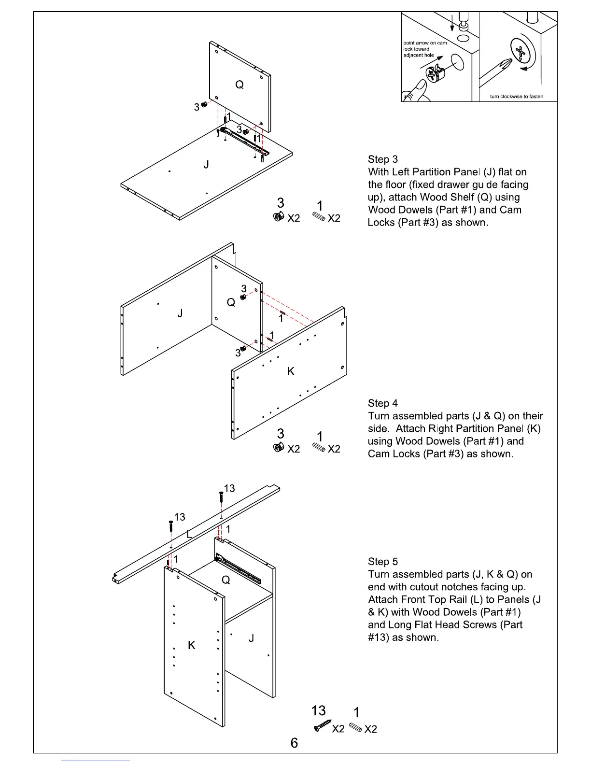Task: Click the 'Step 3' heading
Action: click(383, 159)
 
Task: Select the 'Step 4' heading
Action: click(383, 403)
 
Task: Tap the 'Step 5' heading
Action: click(383, 562)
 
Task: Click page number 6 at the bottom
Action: click(295, 743)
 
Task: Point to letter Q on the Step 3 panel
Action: click(239, 85)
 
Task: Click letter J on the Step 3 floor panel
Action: click(206, 165)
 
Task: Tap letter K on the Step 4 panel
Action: click(291, 371)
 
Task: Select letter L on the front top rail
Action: click(189, 534)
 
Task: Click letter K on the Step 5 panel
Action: click(192, 646)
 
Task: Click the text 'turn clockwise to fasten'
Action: click(517, 97)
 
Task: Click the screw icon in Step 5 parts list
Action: click(323, 725)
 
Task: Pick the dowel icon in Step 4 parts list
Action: click(319, 447)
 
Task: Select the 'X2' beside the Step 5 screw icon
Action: click(338, 729)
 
